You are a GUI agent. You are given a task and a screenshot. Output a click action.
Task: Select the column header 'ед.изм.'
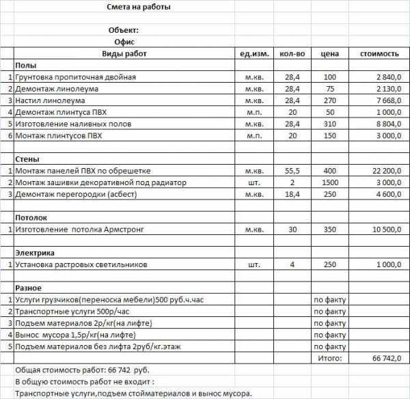point(254,53)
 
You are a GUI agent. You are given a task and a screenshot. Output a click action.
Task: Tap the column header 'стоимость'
point(379,53)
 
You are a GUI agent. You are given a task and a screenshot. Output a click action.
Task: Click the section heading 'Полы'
point(26,65)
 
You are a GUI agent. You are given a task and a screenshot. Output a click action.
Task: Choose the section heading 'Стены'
point(28,159)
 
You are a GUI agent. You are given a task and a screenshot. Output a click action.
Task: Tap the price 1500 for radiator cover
point(330,182)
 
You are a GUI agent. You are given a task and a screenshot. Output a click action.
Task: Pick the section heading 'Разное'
point(29,288)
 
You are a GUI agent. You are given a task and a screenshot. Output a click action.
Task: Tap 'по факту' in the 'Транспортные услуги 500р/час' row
point(330,311)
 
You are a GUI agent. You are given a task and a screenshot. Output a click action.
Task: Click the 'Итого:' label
point(330,358)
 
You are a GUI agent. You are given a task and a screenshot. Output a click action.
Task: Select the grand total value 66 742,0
point(386,358)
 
